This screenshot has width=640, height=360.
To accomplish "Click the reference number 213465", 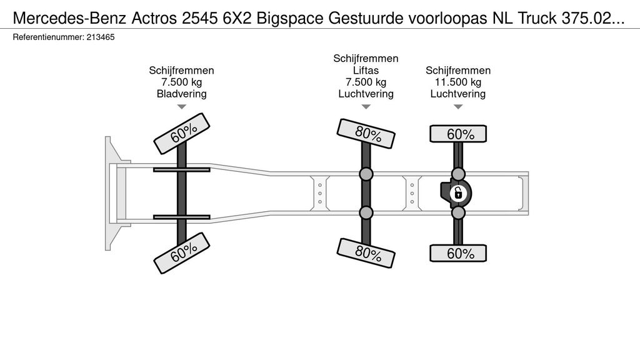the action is click(101, 37).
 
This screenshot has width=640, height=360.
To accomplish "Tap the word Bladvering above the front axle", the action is click(182, 94).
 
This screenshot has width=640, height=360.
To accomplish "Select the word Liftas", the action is click(366, 70).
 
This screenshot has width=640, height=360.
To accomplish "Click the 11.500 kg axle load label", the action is click(458, 82).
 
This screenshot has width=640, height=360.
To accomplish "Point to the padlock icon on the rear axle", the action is click(458, 193).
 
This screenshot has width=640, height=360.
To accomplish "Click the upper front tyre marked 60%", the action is click(182, 134).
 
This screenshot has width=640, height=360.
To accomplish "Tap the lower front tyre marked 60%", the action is click(182, 253).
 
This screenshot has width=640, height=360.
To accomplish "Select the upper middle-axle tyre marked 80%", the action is click(366, 134).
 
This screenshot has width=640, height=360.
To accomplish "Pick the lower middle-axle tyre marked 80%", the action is click(366, 253).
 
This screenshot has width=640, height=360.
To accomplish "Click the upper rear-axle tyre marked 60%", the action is click(458, 134).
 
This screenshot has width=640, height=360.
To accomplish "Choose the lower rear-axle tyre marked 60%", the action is click(458, 253).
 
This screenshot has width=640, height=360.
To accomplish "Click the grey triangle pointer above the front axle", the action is click(182, 107).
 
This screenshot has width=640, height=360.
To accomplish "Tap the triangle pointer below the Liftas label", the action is click(366, 107).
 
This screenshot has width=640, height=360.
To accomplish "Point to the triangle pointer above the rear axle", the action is click(458, 107).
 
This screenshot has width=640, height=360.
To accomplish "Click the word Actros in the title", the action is click(154, 18).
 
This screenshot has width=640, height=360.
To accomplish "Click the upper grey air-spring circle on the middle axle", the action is click(366, 174).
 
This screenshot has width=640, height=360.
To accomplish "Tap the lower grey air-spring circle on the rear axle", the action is click(458, 212).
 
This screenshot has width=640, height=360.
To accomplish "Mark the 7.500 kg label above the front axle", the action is click(182, 82).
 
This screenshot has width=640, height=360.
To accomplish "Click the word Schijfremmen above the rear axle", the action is click(458, 70).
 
